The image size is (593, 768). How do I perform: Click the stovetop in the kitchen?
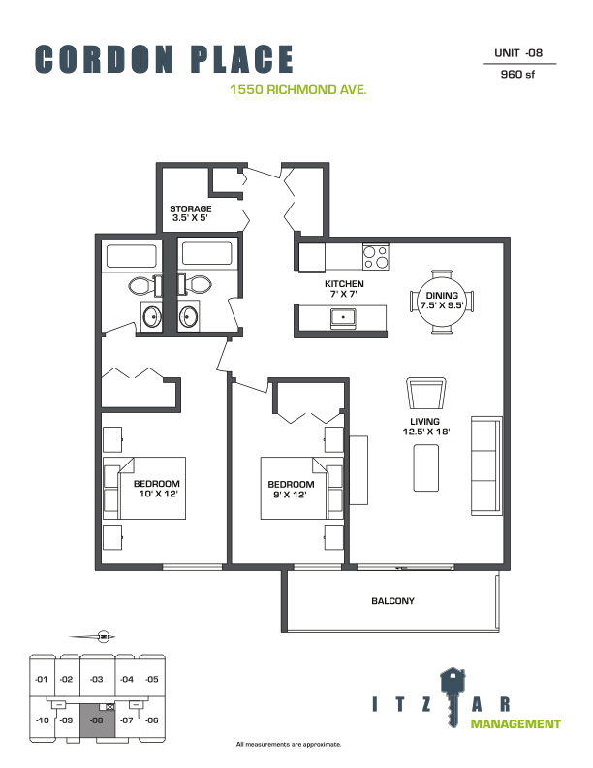(x=375, y=257)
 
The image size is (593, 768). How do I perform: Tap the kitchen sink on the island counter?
(x=343, y=318)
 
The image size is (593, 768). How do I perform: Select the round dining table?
(x=442, y=302)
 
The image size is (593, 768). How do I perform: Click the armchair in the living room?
(x=426, y=393)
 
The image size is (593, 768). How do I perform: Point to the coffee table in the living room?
(x=425, y=467)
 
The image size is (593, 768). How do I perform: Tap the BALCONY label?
(x=392, y=601)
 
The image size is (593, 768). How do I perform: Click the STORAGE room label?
(x=190, y=208)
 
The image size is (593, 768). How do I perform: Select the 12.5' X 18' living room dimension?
(x=425, y=432)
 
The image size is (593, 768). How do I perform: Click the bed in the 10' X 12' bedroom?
(x=144, y=488)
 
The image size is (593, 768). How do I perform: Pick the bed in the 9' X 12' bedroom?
(x=301, y=488)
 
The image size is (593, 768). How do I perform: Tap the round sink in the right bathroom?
(x=188, y=317)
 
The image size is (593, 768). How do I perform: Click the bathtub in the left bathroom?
(x=132, y=255)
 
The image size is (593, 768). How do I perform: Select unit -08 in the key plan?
(x=97, y=720)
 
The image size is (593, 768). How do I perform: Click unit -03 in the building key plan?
(x=97, y=679)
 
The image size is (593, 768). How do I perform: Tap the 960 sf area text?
(x=517, y=74)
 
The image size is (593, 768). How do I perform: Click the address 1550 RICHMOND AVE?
(x=298, y=89)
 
